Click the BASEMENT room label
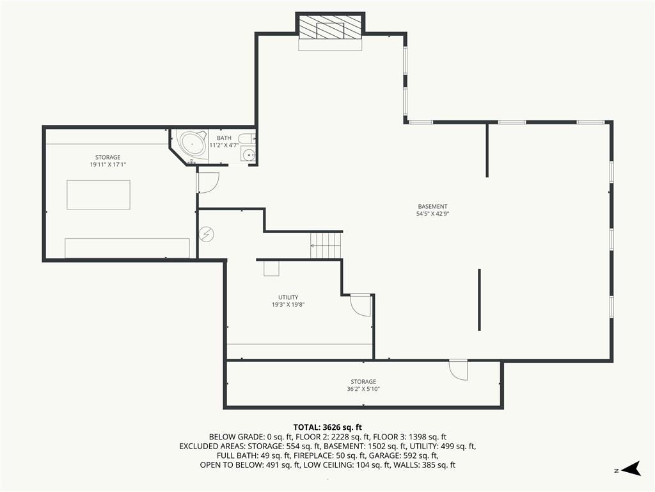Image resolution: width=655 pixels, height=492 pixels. pyautogui.click(x=432, y=206)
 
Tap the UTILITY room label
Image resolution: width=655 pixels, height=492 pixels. pyautogui.click(x=288, y=297)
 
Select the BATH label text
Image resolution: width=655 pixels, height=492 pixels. pyautogui.click(x=224, y=138)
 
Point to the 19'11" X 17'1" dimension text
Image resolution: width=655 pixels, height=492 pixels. pyautogui.click(x=107, y=165)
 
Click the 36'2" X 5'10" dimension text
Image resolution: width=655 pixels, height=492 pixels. pyautogui.click(x=363, y=389)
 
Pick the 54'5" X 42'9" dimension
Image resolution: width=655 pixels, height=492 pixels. pyautogui.click(x=432, y=214)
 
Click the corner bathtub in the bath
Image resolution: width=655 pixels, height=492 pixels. pyautogui.click(x=192, y=144)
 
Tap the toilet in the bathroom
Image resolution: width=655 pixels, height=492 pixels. pyautogui.click(x=246, y=138)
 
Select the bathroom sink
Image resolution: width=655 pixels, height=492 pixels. pyautogui.click(x=248, y=155)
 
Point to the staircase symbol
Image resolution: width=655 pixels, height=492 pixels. pyautogui.click(x=326, y=245)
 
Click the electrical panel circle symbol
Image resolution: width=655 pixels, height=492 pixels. pyautogui.click(x=206, y=234)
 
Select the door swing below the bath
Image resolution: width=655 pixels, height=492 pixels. pyautogui.click(x=208, y=183)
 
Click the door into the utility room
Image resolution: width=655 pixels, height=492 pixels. pyautogui.click(x=361, y=306)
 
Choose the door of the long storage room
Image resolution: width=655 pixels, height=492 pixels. pyautogui.click(x=458, y=370)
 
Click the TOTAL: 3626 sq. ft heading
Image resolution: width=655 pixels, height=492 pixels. pyautogui.click(x=327, y=427)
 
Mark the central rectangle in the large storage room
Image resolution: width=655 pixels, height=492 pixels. pyautogui.click(x=99, y=195)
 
